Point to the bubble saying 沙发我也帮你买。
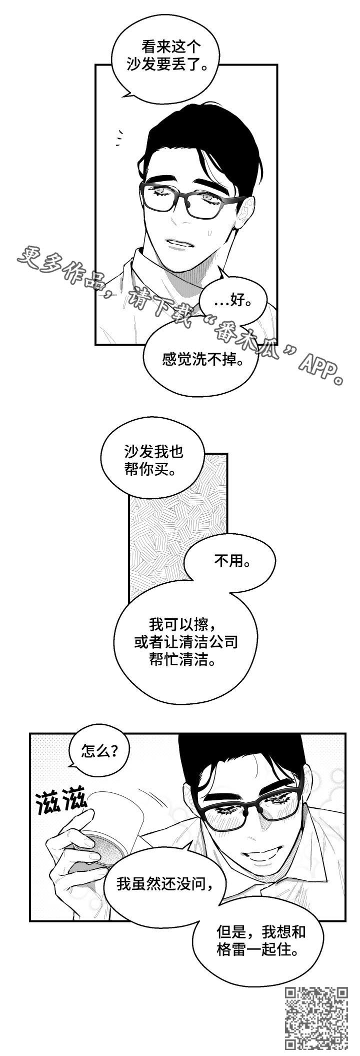pyautogui.click(x=153, y=461)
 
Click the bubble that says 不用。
pyautogui.click(x=230, y=562)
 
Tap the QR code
pyautogui.click(x=316, y=1021)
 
